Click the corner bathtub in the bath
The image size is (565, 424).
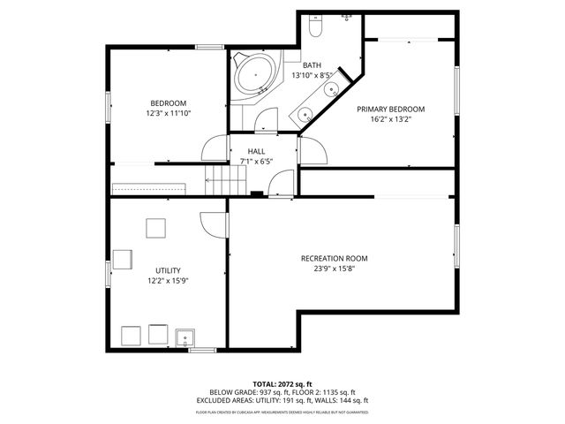tap(257, 76)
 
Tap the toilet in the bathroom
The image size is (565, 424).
tap(315, 27)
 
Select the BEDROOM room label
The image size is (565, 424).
tap(167, 102)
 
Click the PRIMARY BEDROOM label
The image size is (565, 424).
tap(390, 110)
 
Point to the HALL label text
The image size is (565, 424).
tap(256, 151)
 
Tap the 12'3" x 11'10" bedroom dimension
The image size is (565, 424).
tap(167, 113)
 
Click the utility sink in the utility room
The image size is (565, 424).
tap(185, 337)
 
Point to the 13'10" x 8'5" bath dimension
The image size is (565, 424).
tap(312, 76)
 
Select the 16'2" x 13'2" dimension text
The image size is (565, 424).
tap(390, 120)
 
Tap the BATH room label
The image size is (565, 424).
tap(312, 65)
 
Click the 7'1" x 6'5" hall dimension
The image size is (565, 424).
tap(256, 162)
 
